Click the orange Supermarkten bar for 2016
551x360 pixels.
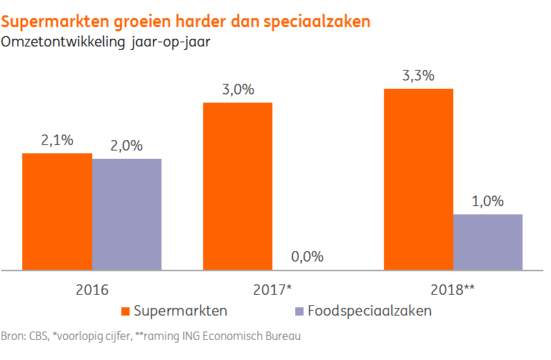click(x=57, y=211)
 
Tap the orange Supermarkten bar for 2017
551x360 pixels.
click(x=237, y=186)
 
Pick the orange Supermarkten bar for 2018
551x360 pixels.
click(x=418, y=179)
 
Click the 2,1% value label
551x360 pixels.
click(x=57, y=140)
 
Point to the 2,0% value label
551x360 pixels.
click(x=126, y=146)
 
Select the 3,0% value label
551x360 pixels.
click(x=238, y=89)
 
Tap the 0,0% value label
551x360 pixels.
click(x=307, y=257)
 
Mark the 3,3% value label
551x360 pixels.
click(x=418, y=76)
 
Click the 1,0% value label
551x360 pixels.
click(x=487, y=201)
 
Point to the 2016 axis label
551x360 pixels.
click(x=92, y=289)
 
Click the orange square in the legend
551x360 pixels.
click(x=126, y=311)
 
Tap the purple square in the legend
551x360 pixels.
click(x=300, y=311)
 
